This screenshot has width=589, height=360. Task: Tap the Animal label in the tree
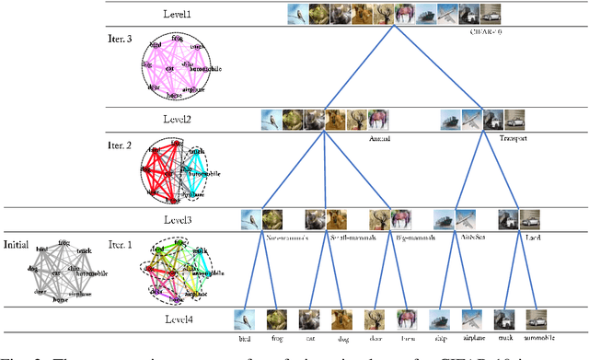(353, 139)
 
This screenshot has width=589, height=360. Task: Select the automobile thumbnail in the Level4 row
(537, 319)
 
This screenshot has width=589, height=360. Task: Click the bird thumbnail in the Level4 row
(244, 319)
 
